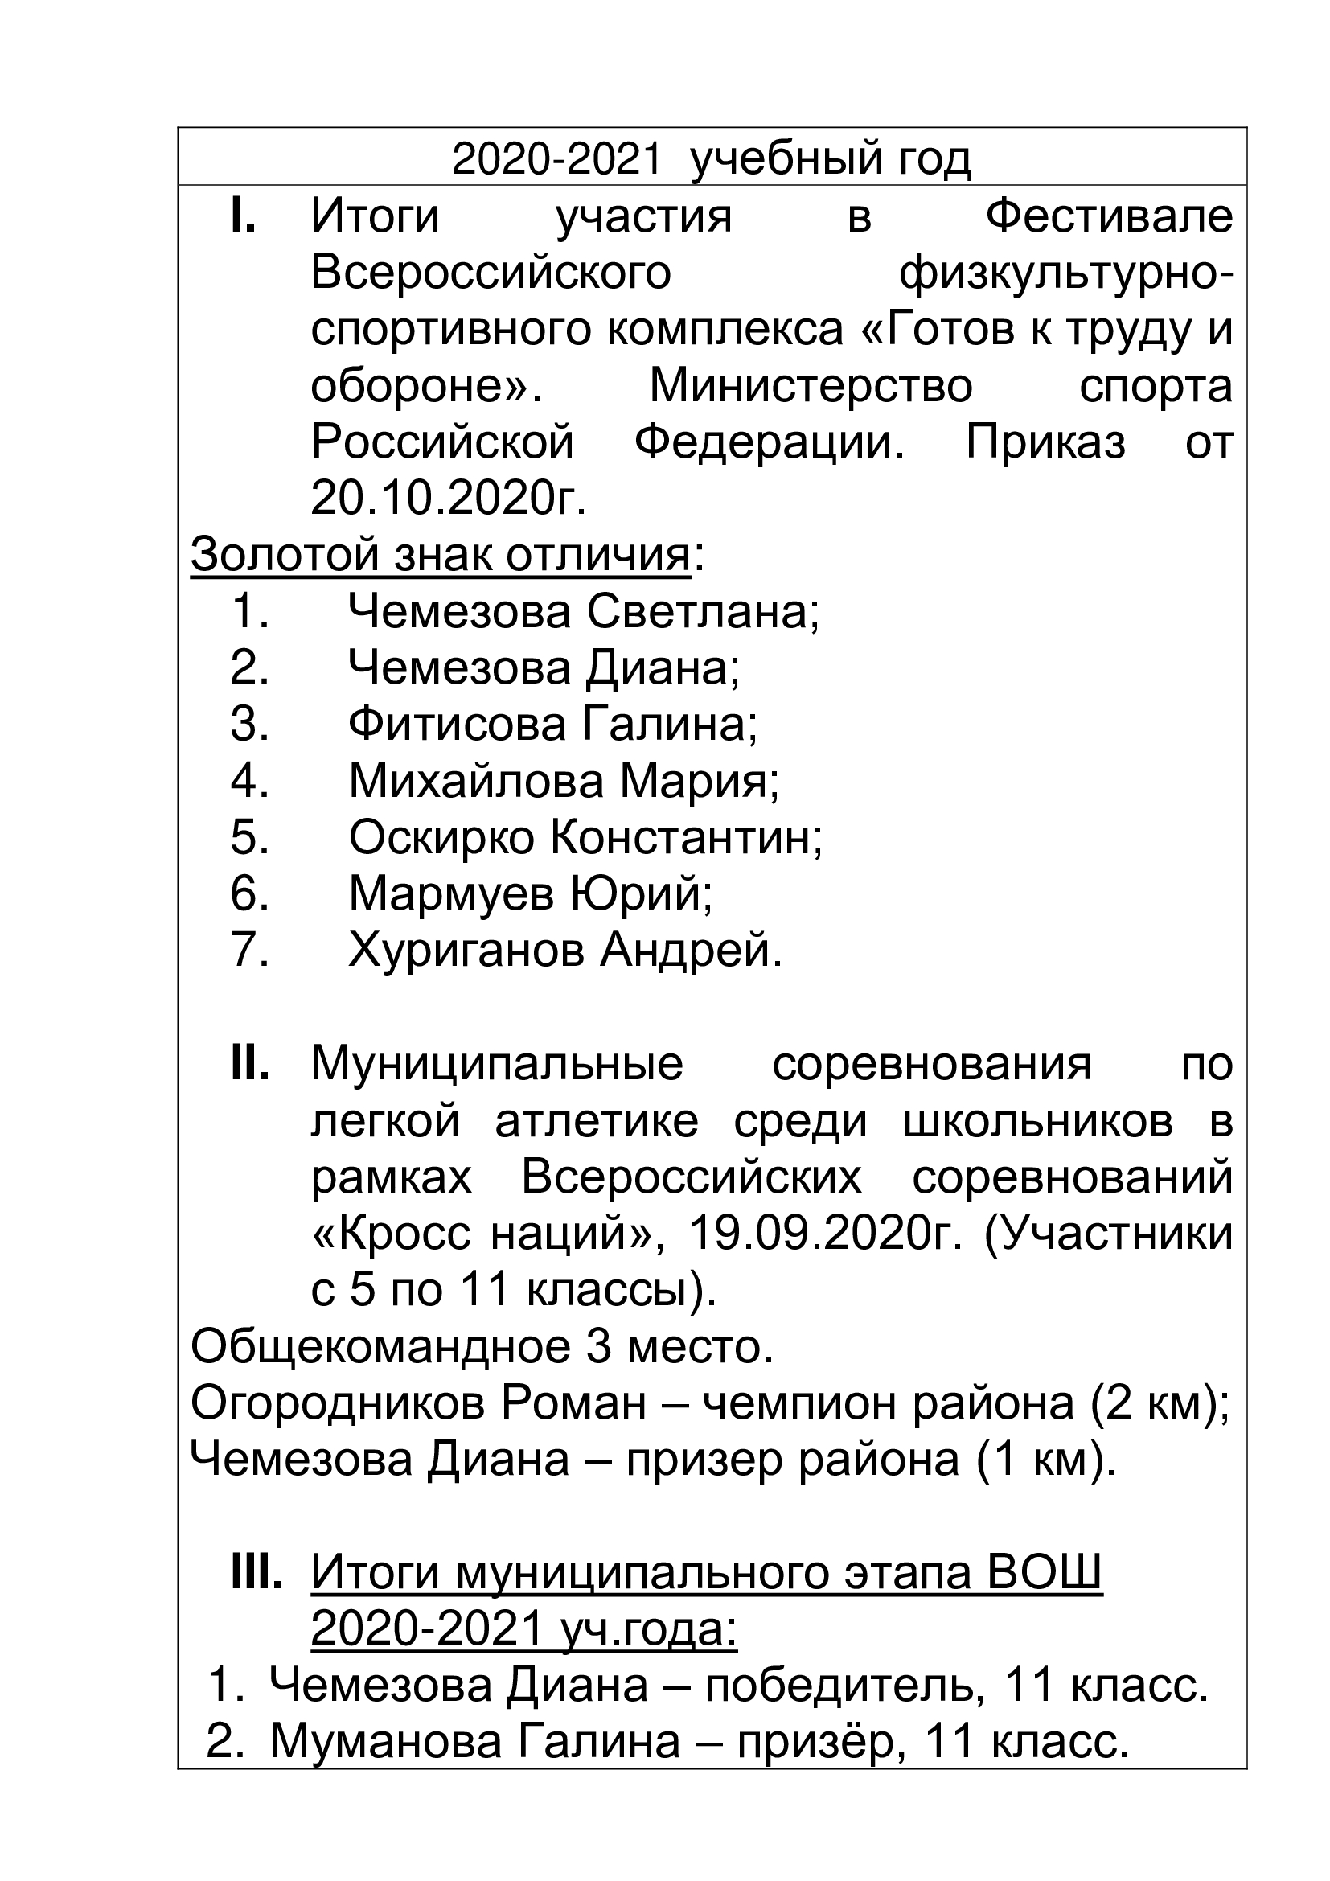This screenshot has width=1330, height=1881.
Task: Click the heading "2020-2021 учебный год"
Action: click(711, 160)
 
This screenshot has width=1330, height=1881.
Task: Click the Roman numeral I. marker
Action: click(242, 216)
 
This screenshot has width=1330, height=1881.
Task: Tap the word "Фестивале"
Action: click(1109, 217)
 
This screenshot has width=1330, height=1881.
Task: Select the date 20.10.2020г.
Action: click(448, 499)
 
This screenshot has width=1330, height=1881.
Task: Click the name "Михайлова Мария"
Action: click(564, 780)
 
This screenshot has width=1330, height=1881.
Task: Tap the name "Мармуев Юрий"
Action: click(530, 893)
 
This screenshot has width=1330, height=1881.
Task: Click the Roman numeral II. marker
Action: click(249, 1064)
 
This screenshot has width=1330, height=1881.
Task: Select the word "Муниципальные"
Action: click(497, 1064)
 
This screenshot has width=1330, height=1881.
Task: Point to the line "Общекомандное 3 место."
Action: click(482, 1346)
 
